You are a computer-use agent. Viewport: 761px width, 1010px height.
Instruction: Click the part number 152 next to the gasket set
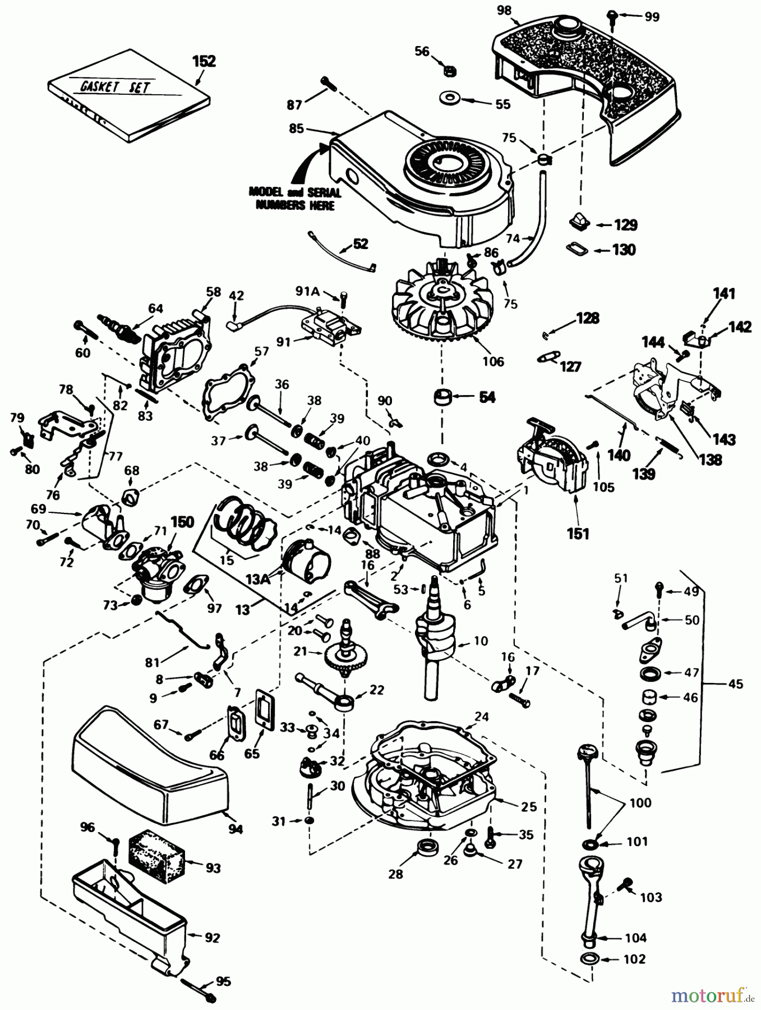pyautogui.click(x=204, y=61)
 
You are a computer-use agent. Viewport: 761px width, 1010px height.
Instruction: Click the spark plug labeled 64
pyautogui.click(x=120, y=328)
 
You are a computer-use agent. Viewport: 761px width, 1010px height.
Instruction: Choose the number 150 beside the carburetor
pyautogui.click(x=182, y=522)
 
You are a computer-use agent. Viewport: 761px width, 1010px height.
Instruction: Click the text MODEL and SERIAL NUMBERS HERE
pyautogui.click(x=294, y=199)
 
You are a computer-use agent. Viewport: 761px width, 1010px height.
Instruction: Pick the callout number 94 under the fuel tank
pyautogui.click(x=236, y=828)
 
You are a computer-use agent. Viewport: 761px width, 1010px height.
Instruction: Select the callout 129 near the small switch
pyautogui.click(x=625, y=225)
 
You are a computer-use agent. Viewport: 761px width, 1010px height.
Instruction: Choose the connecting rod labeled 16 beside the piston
pyautogui.click(x=372, y=598)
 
